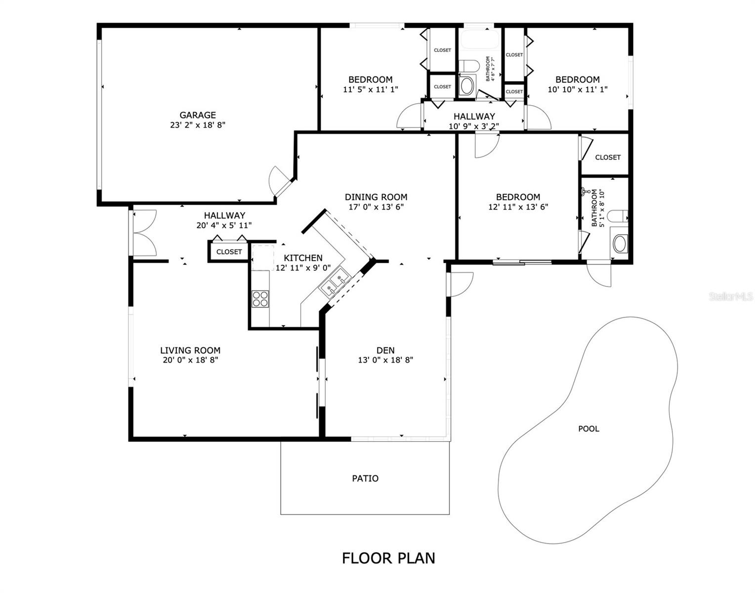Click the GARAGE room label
tap(197, 115)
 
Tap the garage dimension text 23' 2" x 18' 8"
tap(197, 125)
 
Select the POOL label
tap(588, 429)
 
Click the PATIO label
tap(365, 478)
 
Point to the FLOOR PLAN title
tap(388, 558)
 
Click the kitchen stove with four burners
tap(260, 298)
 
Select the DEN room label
tap(385, 350)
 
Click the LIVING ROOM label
tap(190, 350)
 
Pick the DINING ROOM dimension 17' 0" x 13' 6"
tap(376, 207)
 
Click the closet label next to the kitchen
tap(229, 252)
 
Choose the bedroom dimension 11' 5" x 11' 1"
tap(370, 89)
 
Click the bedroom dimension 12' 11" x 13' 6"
tap(518, 207)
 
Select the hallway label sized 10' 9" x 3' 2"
tap(474, 117)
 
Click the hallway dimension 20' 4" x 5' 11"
tap(224, 225)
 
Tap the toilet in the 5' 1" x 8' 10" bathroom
tap(618, 216)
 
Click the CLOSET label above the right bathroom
tap(607, 157)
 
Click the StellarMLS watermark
tap(731, 296)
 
